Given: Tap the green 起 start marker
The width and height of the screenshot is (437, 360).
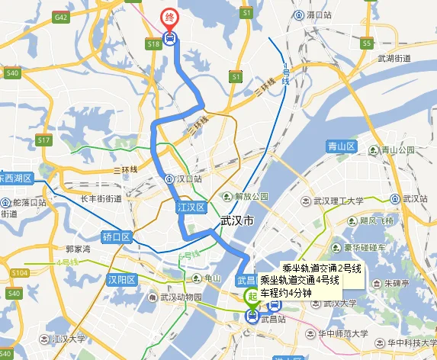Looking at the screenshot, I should pyautogui.click(x=250, y=298).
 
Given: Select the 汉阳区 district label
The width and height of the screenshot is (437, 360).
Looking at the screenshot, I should pyautogui.click(x=121, y=279).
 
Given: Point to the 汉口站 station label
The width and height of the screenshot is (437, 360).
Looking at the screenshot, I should pyautogui.click(x=187, y=179).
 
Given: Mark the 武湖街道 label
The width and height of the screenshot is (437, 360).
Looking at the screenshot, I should pyautogui.click(x=394, y=58).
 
